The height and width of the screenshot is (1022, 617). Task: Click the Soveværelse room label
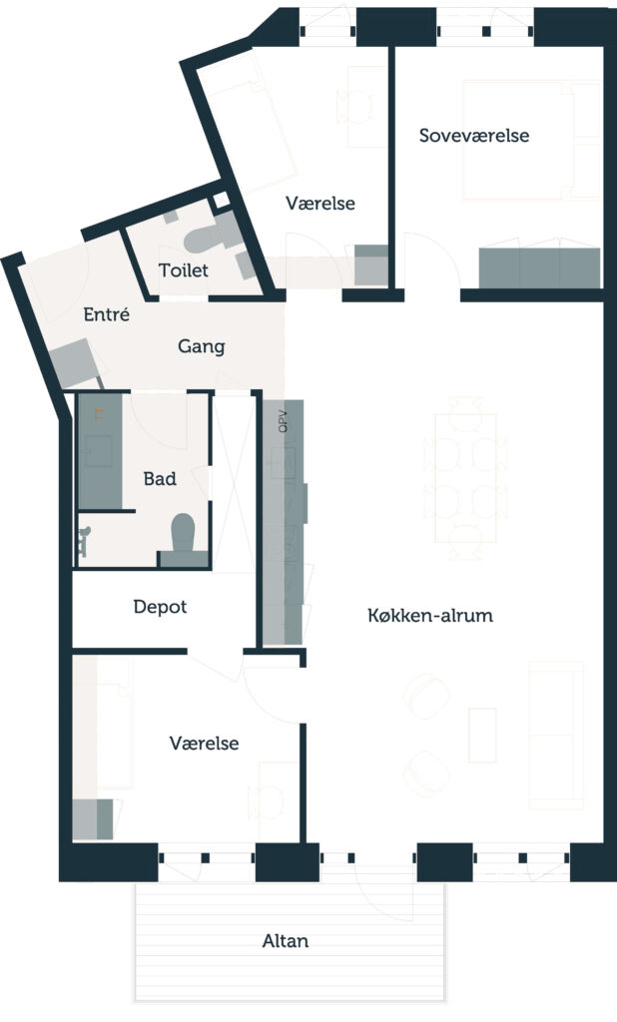[473, 136]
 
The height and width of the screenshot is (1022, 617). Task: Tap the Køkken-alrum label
[430, 615]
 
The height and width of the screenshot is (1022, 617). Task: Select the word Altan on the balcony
[285, 941]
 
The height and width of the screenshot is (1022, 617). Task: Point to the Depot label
[160, 608]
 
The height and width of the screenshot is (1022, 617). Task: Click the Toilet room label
[184, 269]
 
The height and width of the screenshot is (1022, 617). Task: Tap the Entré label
[106, 314]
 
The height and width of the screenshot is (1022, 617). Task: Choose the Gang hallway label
[201, 346]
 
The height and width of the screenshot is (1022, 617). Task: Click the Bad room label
[160, 479]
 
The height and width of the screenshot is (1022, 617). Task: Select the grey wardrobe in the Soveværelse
[539, 267]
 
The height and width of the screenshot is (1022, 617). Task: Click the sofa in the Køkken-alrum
[556, 736]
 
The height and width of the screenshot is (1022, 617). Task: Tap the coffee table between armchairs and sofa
[482, 736]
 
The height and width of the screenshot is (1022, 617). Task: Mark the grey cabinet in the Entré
[73, 362]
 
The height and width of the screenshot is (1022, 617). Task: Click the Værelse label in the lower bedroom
[204, 743]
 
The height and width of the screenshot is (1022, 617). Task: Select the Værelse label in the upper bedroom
[320, 203]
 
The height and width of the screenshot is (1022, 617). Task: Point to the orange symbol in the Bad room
[99, 413]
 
